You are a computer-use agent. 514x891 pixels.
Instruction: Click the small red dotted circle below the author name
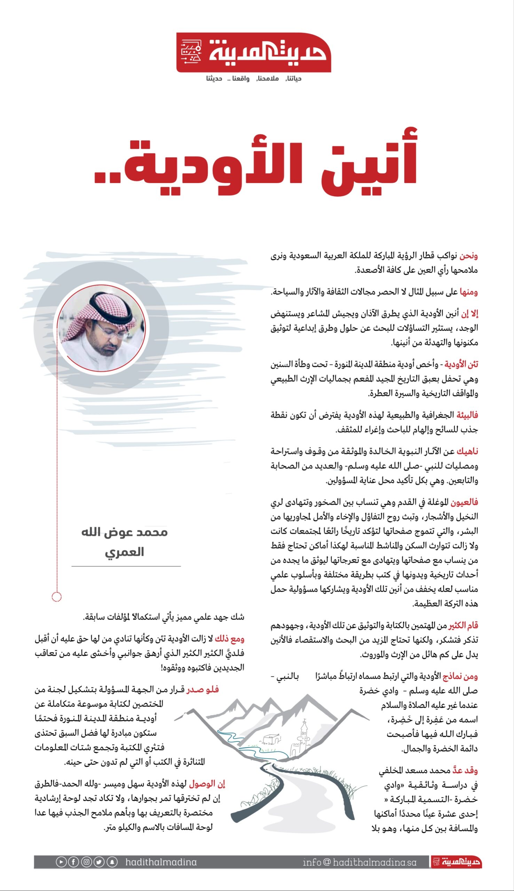click(x=56, y=597)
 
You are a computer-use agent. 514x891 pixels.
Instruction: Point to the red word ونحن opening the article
click(x=468, y=255)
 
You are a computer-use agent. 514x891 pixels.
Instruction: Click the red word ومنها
click(x=468, y=292)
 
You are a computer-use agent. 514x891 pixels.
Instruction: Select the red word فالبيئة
click(x=467, y=415)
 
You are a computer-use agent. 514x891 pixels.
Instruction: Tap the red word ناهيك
click(x=467, y=451)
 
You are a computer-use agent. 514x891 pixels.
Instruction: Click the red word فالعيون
click(x=465, y=502)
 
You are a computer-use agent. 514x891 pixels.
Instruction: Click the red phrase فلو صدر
click(x=203, y=689)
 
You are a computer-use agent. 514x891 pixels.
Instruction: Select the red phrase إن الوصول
click(x=207, y=783)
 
